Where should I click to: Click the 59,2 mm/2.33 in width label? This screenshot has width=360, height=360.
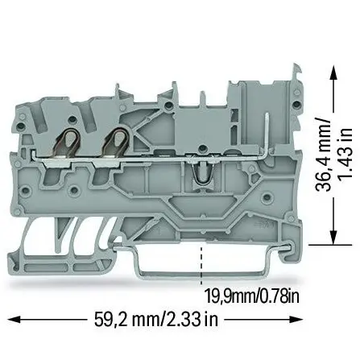[x=156, y=319]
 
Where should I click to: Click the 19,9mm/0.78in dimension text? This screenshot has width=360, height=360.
[x=252, y=296]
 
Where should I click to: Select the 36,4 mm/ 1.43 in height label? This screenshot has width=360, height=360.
[x=333, y=155]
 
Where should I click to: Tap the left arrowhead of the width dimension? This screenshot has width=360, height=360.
[x=14, y=320]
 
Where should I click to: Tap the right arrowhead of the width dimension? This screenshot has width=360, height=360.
[x=296, y=320]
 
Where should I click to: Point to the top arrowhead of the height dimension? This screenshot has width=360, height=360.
[x=333, y=72]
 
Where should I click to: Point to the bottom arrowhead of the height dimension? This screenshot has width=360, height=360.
[x=333, y=238]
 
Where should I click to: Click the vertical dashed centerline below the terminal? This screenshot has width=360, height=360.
[x=201, y=264]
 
